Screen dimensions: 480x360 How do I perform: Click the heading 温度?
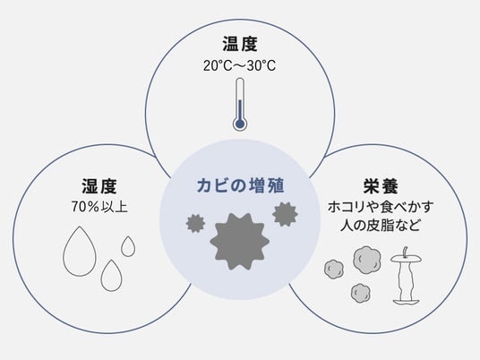click(240, 44)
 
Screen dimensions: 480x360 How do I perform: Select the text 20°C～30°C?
click(240, 65)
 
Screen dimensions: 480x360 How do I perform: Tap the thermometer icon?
click(240, 104)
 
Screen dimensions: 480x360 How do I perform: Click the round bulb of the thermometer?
click(240, 124)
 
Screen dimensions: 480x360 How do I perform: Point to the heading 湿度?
click(99, 186)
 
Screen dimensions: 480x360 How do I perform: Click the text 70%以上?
click(99, 207)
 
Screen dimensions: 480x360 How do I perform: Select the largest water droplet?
click(80, 251)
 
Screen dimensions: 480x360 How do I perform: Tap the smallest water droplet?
click(128, 246)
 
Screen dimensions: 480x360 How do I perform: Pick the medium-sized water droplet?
click(111, 276)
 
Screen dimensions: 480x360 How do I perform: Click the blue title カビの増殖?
click(240, 185)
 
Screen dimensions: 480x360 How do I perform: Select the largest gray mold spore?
click(240, 242)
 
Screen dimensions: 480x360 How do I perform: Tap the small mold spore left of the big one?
click(195, 224)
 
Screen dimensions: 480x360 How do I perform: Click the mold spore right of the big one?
click(285, 214)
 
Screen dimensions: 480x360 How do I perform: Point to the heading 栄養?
click(381, 186)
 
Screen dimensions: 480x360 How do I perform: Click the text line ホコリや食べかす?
click(381, 207)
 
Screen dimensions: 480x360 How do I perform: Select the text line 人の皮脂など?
click(380, 226)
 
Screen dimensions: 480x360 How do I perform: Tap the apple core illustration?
click(406, 276)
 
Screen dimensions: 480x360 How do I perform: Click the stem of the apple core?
click(406, 252)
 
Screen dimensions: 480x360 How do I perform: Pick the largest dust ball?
click(367, 261)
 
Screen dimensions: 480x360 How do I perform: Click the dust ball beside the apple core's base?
click(361, 293)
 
